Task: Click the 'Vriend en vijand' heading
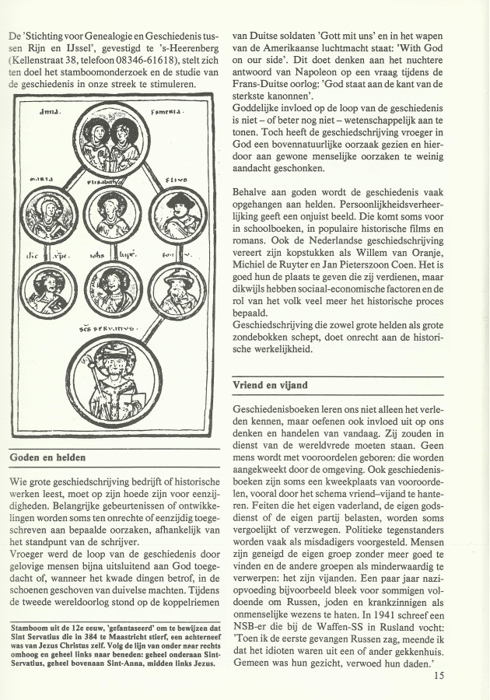pyautogui.click(x=270, y=386)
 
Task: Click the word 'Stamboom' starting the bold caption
pyautogui.click(x=30, y=624)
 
